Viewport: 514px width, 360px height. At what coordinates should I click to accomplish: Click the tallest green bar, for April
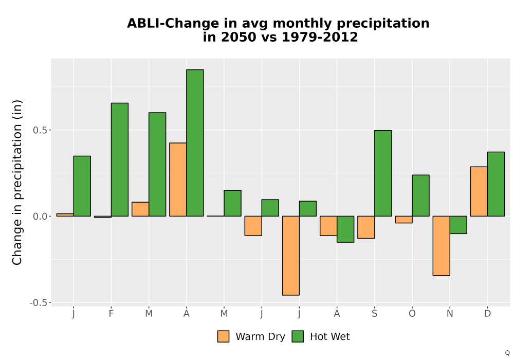coord(195,143)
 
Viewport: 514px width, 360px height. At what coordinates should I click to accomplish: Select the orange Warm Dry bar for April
coord(178,179)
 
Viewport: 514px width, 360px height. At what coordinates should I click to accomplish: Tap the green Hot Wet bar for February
coord(120,159)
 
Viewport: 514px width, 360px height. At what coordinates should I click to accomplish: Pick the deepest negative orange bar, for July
coord(291,256)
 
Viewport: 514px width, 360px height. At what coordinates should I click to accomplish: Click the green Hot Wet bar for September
coord(383,173)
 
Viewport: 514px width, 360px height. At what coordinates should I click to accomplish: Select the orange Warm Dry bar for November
coord(441,246)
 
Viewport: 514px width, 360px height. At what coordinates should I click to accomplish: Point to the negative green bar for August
coord(345,229)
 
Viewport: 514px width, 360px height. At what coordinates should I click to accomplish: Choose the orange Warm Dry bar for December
coord(479,191)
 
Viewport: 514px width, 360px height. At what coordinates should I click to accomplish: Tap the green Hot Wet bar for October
coord(420,196)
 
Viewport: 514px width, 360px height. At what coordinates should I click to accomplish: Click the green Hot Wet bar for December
coord(496,184)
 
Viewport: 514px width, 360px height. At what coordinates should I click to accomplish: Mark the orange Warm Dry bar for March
coord(140,209)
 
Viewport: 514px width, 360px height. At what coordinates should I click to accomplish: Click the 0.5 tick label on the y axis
coord(40,130)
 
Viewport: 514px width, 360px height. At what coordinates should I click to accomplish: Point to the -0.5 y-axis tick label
coord(39,302)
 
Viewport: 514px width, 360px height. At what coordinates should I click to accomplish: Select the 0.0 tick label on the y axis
coord(40,217)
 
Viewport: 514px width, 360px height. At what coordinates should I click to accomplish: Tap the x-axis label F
coord(111,314)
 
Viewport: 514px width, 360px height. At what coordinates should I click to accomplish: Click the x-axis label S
coord(375,314)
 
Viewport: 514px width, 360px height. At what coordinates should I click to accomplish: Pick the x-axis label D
coord(487,314)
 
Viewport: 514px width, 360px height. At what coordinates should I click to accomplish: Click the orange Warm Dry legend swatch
coord(223,336)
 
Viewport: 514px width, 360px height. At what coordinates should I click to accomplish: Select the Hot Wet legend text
coord(330,337)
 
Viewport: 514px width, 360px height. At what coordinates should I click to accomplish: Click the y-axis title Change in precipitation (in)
coord(17,182)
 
